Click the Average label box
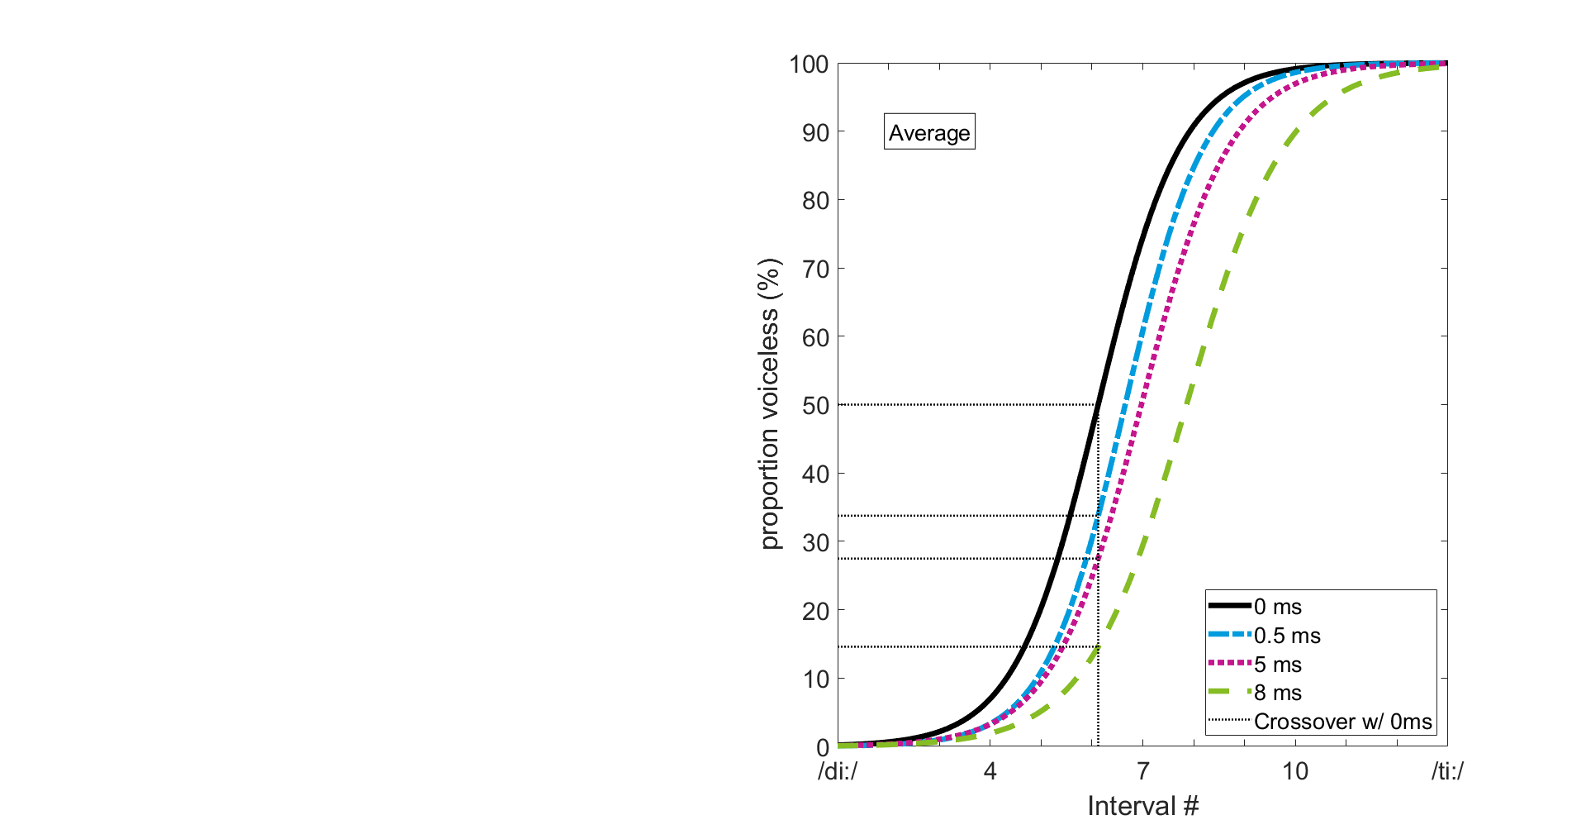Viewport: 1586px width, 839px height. click(x=929, y=132)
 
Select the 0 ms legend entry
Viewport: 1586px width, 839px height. click(x=1277, y=607)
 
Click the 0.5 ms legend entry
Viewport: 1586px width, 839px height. click(x=1287, y=636)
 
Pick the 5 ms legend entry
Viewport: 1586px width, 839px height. click(x=1277, y=665)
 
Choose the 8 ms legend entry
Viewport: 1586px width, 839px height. click(x=1277, y=693)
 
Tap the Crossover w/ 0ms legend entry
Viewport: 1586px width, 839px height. click(x=1342, y=722)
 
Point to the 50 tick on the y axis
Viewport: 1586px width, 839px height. click(x=814, y=406)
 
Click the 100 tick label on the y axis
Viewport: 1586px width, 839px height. click(x=808, y=64)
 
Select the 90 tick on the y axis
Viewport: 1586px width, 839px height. click(x=814, y=132)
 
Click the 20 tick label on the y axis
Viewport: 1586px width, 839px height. click(x=814, y=611)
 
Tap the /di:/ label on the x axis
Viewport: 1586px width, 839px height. click(x=838, y=771)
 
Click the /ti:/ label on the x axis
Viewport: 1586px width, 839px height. click(x=1447, y=771)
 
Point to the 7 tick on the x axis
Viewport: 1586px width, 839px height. click(x=1142, y=771)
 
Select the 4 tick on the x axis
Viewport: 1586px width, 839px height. click(x=990, y=771)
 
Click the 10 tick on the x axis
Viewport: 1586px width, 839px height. click(x=1294, y=771)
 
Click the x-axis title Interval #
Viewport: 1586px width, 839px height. click(x=1142, y=806)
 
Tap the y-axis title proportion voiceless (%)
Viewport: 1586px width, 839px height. click(x=769, y=404)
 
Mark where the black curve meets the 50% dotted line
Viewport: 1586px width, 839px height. click(x=1097, y=404)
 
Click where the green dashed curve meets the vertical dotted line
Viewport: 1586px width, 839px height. click(x=1098, y=646)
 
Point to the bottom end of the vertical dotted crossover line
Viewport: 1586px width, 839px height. click(x=1098, y=745)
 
